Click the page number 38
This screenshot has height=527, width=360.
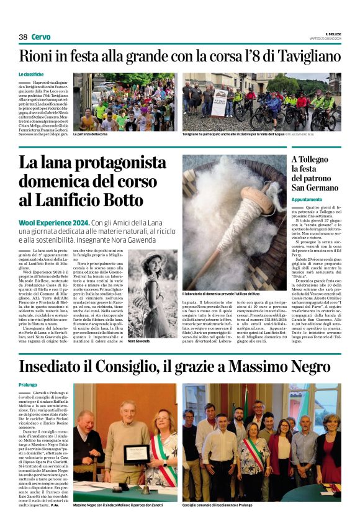[x=23, y=37]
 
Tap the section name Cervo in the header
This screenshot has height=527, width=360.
[x=41, y=37]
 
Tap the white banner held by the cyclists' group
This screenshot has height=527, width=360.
[x=220, y=97]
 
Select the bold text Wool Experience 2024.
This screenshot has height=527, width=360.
[x=54, y=223]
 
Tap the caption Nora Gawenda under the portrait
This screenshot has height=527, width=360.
[x=140, y=341]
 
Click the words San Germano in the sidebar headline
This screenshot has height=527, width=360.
[x=315, y=187]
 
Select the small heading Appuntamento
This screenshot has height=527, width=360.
[x=307, y=199]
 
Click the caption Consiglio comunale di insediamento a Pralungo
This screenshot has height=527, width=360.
[x=217, y=505]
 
